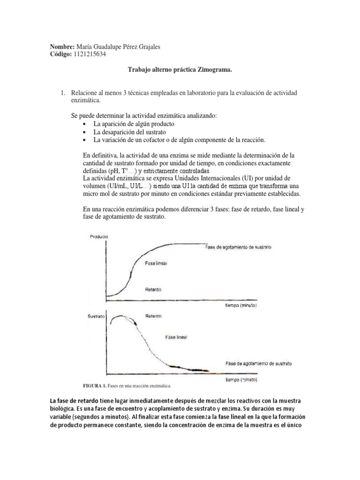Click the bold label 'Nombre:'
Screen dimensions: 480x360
62,47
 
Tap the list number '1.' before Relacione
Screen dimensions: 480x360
61,93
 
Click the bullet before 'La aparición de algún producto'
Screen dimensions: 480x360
84,124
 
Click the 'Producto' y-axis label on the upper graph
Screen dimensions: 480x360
98,237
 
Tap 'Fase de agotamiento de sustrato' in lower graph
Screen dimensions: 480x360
259,363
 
